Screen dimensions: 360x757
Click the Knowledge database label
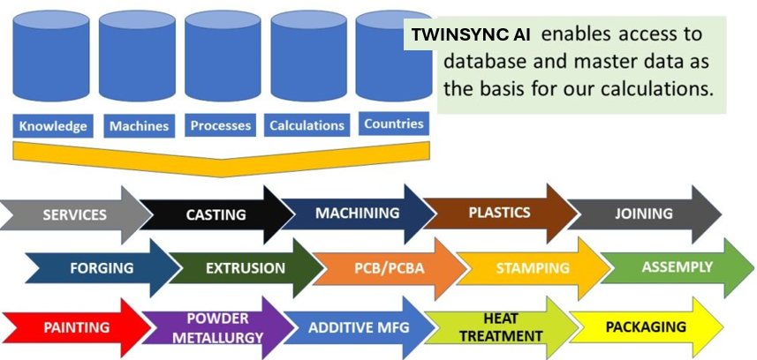[53, 125]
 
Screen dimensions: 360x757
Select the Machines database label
[139, 125]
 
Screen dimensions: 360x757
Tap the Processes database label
[221, 125]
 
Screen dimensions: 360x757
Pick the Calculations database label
[307, 125]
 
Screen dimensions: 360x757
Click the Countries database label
[393, 124]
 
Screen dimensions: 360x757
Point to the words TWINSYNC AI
[472, 35]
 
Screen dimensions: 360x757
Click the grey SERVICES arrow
[75, 214]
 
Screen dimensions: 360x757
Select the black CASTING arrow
[216, 214]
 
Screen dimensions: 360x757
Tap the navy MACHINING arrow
[357, 213]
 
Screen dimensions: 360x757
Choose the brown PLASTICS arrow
[499, 213]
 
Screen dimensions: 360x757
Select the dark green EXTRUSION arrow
[245, 267]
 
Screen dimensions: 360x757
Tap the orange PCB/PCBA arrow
[389, 267]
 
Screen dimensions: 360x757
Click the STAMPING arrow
[532, 267]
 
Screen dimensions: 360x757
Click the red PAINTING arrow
[76, 327]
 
